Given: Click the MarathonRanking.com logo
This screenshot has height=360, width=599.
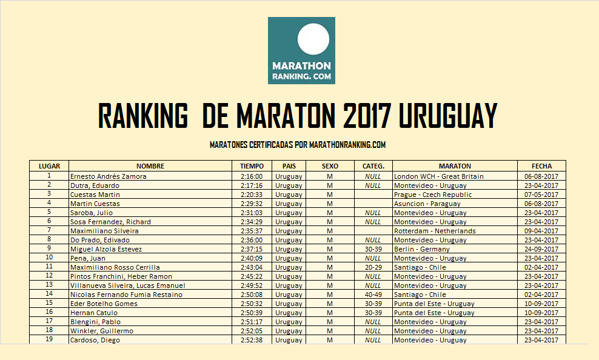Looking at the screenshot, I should tap(301, 50).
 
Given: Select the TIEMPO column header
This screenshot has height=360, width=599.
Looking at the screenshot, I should tap(252, 166).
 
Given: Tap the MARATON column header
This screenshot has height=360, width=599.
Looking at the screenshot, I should tap(454, 166).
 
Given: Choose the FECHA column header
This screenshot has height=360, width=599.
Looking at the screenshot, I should tap(541, 166).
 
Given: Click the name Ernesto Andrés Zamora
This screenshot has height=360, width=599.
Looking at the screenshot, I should tap(109, 176).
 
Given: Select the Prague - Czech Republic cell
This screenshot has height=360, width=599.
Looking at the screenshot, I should tap(433, 195).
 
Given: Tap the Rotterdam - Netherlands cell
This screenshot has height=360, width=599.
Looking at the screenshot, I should tap(435, 231).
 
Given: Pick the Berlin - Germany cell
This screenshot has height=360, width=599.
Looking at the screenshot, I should tap(422, 249).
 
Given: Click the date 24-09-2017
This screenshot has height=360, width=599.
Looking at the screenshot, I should tap(541, 249).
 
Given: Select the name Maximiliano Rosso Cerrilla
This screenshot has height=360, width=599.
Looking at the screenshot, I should tap(115, 267).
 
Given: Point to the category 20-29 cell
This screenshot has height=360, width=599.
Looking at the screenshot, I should tap(373, 267).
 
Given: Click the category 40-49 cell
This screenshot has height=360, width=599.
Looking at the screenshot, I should tap(373, 295).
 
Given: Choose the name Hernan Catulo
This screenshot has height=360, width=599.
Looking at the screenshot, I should tap(94, 313).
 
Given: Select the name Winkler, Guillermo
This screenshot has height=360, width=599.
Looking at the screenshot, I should tap(102, 331).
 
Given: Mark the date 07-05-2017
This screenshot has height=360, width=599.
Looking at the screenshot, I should tap(541, 195).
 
